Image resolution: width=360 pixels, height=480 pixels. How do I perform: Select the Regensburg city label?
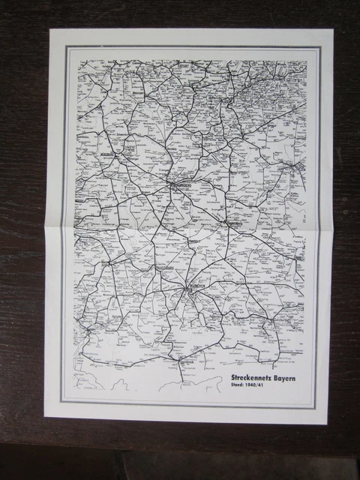tap(235, 223)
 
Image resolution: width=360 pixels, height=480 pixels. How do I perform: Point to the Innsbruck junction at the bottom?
tap(180, 359)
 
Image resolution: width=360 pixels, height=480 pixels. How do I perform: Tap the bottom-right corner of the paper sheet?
tap(328, 424)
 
